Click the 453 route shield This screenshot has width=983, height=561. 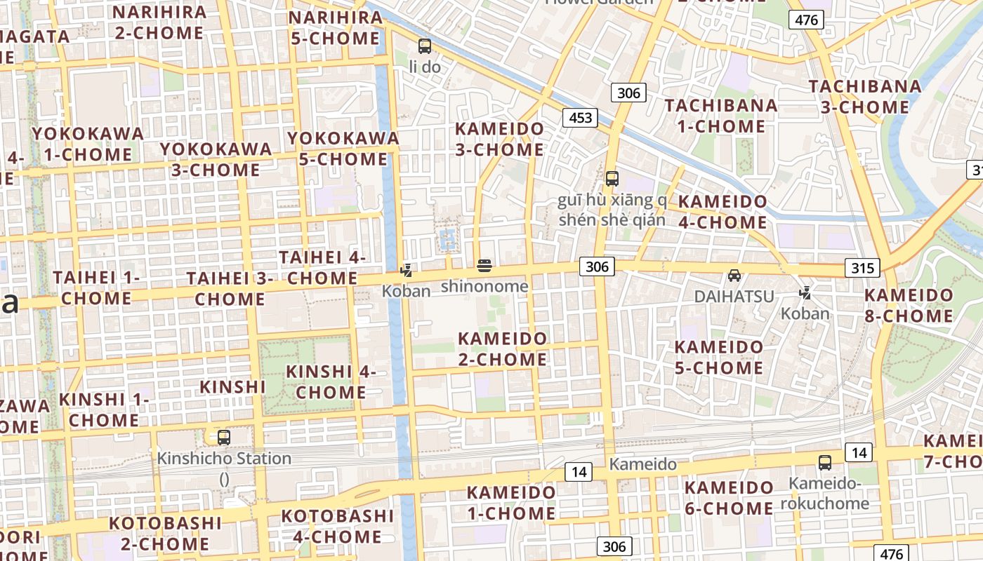(x=580, y=118)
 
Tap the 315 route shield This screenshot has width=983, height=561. (x=862, y=268)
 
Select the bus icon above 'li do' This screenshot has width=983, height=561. (x=424, y=46)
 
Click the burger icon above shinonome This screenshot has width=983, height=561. (x=484, y=266)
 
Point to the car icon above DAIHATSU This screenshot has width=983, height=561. (x=734, y=276)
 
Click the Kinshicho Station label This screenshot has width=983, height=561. (x=224, y=459)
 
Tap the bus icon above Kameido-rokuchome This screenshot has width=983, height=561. (x=825, y=463)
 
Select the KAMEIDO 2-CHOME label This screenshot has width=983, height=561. (x=502, y=349)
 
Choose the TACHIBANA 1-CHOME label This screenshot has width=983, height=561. (x=721, y=116)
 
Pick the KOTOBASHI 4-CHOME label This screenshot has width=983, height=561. (x=331, y=527)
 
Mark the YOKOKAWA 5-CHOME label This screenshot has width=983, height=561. (x=343, y=149)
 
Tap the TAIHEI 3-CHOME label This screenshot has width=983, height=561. (x=230, y=288)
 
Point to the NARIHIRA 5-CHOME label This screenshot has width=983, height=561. (x=335, y=27)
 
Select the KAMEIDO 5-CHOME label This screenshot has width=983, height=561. (x=718, y=358)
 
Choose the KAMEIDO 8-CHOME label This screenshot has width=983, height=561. (x=909, y=305)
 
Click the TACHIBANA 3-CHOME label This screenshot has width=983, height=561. (x=865, y=97)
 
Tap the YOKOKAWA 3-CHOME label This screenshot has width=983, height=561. (x=216, y=159)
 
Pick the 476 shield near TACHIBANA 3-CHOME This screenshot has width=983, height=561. (x=806, y=20)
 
